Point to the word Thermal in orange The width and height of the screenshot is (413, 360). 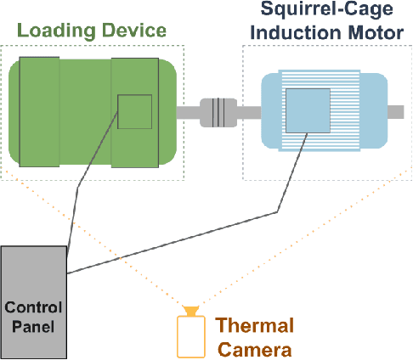(x=255, y=326)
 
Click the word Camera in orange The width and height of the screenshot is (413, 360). (x=254, y=348)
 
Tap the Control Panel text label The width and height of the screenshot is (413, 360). (x=34, y=314)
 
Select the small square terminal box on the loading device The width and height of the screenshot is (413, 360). (x=134, y=111)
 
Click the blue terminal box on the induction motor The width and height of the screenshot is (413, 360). (x=308, y=110)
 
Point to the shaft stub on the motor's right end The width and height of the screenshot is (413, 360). (x=396, y=111)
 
